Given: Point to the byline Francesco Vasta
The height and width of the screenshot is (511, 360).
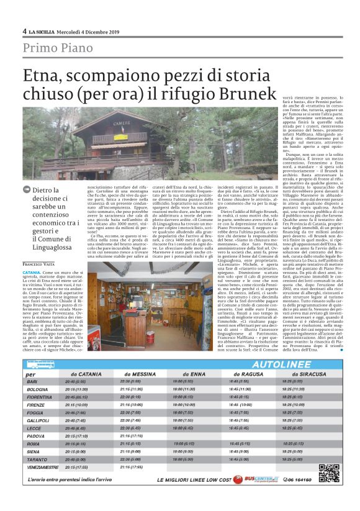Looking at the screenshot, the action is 41,265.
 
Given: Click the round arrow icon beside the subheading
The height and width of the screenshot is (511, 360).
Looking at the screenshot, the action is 26,191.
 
